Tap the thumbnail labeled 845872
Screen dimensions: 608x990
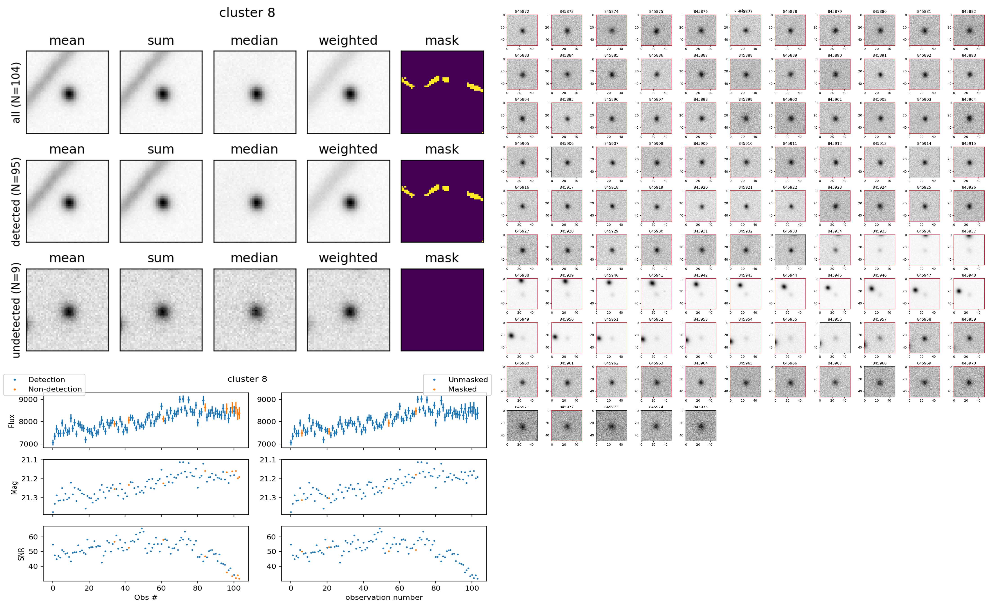pyautogui.click(x=522, y=30)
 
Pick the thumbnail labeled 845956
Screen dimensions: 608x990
pyautogui.click(x=835, y=338)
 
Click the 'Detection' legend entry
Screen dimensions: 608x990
pyautogui.click(x=46, y=380)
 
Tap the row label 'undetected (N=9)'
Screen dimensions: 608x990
pyautogui.click(x=16, y=310)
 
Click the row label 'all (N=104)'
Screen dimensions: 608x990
pyautogui.click(x=16, y=92)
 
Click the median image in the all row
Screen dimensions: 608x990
pyautogui.click(x=255, y=92)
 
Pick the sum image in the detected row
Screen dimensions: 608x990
pyautogui.click(x=161, y=201)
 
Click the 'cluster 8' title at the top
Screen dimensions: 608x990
pyautogui.click(x=247, y=13)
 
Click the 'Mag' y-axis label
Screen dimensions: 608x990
pyautogui.click(x=14, y=488)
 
